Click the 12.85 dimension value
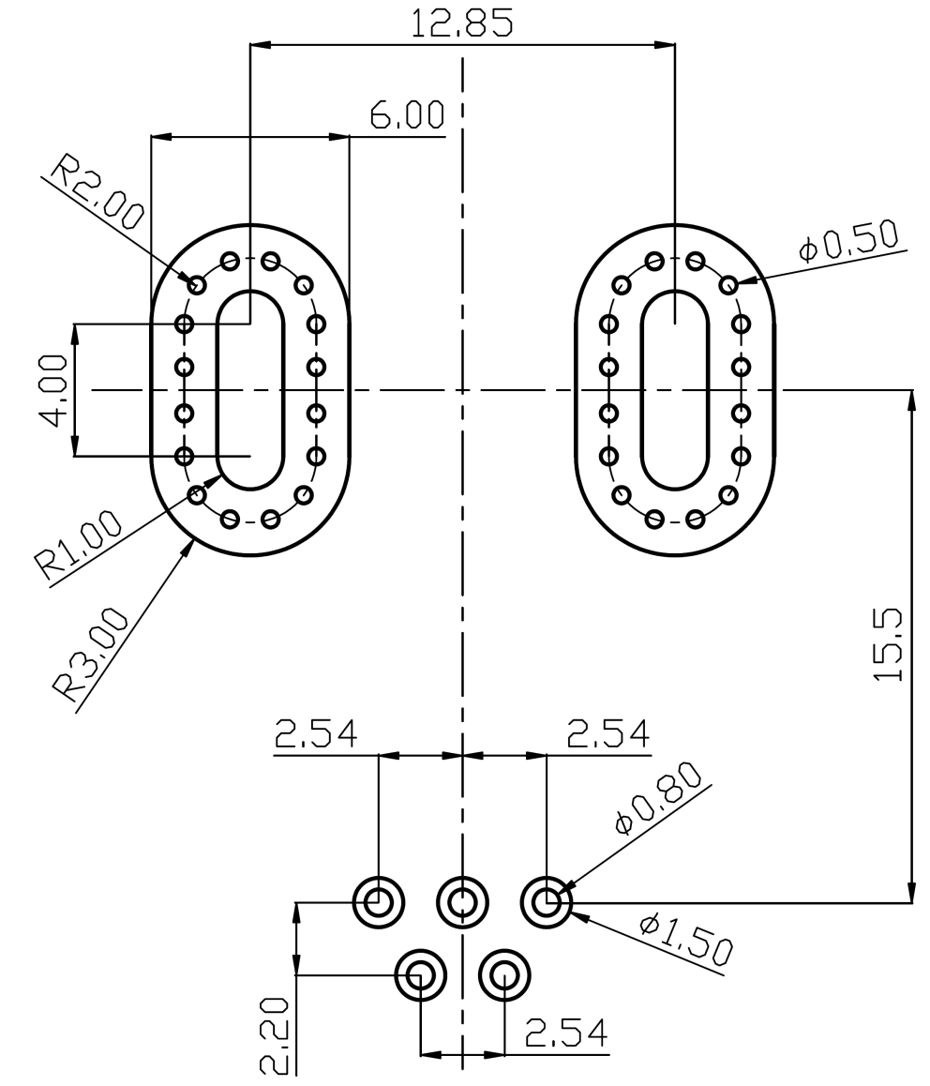(x=462, y=23)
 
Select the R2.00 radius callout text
(x=95, y=194)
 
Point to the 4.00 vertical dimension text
(x=53, y=389)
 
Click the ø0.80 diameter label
(x=657, y=798)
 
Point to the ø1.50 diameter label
(x=686, y=939)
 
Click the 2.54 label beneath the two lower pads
(x=565, y=1033)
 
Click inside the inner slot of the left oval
(x=249, y=389)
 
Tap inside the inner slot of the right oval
(x=675, y=389)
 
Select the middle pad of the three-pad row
(x=462, y=903)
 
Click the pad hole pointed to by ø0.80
(x=546, y=903)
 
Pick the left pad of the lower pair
(x=420, y=975)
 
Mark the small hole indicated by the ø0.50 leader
(x=727, y=282)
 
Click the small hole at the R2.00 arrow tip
(x=197, y=282)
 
